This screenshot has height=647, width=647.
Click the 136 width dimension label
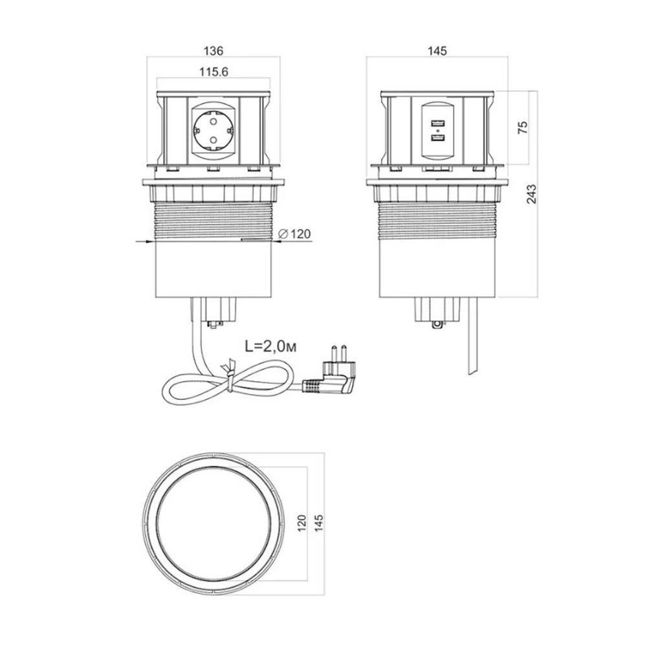214,50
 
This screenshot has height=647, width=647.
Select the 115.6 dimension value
214,72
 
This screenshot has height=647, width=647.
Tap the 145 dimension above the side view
437,50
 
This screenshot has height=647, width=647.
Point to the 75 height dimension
522,127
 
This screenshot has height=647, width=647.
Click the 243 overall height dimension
532,194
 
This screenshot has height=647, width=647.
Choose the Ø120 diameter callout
294,234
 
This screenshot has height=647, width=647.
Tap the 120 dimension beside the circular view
302,523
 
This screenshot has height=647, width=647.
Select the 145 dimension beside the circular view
318,523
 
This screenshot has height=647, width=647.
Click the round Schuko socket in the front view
214,131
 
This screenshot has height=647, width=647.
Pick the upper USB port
437,123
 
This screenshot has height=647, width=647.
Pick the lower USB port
437,139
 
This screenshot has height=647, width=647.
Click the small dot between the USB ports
437,131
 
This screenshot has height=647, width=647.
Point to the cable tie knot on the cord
230,373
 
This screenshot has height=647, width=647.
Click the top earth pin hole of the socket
214,121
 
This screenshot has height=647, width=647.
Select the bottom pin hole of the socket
214,140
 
